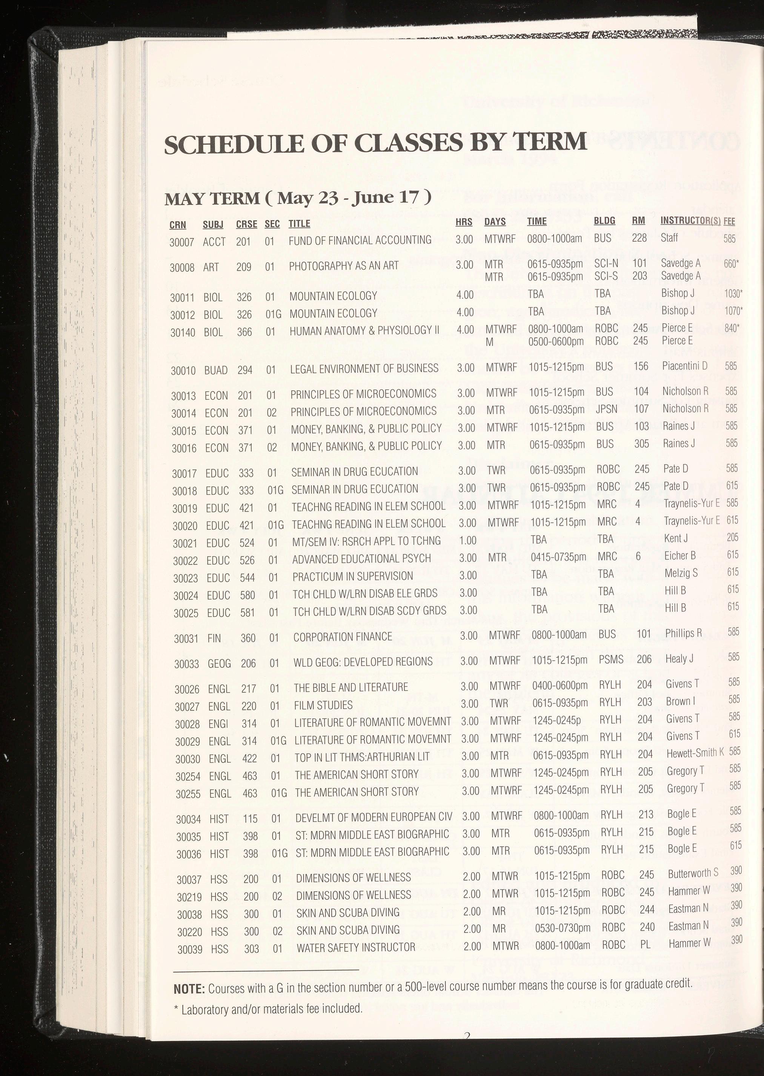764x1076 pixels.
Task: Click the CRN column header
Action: (177, 225)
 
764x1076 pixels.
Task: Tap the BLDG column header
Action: (604, 221)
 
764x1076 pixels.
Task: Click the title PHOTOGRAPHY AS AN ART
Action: (344, 266)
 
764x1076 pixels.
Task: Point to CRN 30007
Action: (181, 242)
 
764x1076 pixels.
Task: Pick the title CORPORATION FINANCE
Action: (343, 637)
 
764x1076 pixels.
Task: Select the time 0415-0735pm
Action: (558, 557)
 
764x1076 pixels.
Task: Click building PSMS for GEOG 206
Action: (611, 660)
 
